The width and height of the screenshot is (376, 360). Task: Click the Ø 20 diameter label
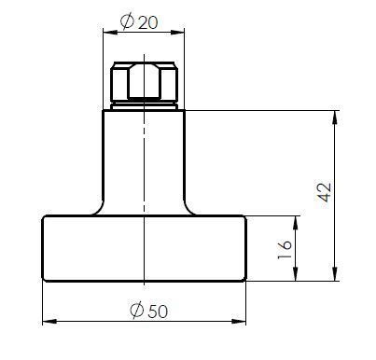pyautogui.click(x=139, y=22)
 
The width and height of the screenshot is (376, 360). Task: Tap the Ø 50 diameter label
pyautogui.click(x=149, y=311)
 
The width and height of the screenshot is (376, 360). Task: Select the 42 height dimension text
pyautogui.click(x=325, y=192)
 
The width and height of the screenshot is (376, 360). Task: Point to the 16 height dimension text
pyautogui.click(x=285, y=250)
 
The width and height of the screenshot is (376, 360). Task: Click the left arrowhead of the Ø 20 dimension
pyautogui.click(x=110, y=32)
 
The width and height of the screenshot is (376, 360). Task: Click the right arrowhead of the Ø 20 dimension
pyautogui.click(x=177, y=32)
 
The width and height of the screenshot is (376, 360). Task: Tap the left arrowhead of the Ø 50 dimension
pyautogui.click(x=49, y=322)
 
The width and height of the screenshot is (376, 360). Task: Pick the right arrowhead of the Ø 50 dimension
pyautogui.click(x=239, y=322)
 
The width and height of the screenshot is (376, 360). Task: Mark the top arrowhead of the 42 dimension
pyautogui.click(x=335, y=118)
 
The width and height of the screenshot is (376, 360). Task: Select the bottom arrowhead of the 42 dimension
pyautogui.click(x=335, y=273)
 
